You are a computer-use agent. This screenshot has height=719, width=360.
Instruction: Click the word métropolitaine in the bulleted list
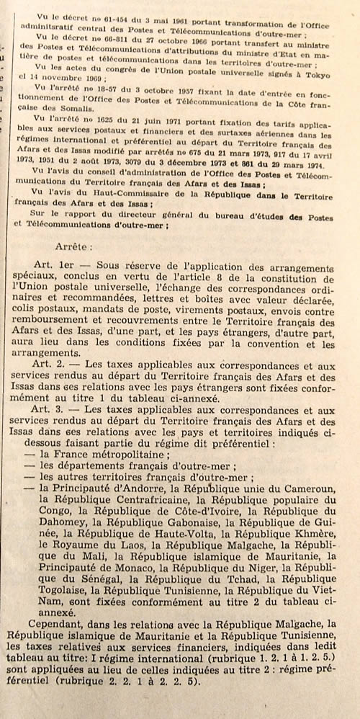coord(127,453)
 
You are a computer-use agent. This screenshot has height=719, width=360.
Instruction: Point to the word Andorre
coord(148,488)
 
